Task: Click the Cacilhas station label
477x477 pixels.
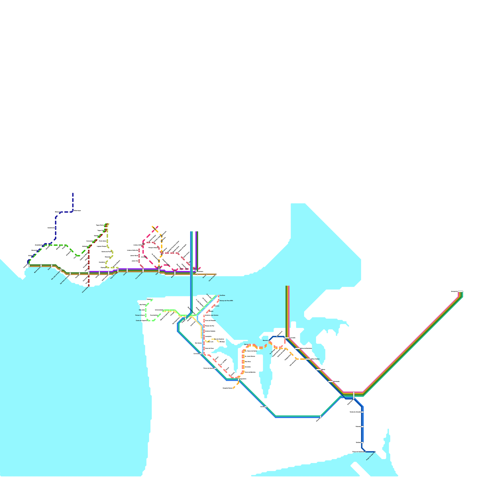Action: [222, 295]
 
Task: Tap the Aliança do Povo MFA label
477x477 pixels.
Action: [226, 301]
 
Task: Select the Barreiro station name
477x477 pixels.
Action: [265, 340]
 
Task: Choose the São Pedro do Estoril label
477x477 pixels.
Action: [65, 279]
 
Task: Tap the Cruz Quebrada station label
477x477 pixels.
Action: [139, 276]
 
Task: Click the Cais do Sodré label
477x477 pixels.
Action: [212, 278]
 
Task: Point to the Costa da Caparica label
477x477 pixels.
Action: [141, 320]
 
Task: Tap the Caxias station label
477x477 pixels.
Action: [125, 274]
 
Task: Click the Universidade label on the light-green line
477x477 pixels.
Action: [159, 310]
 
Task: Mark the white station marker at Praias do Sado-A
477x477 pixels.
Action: [375, 452]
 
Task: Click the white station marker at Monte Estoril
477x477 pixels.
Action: [41, 266]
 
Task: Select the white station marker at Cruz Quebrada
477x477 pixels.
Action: [143, 270]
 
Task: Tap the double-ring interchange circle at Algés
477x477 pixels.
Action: [159, 268]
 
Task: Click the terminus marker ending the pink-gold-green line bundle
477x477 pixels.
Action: [460, 291]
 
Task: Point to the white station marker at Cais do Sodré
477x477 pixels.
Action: [216, 274]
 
